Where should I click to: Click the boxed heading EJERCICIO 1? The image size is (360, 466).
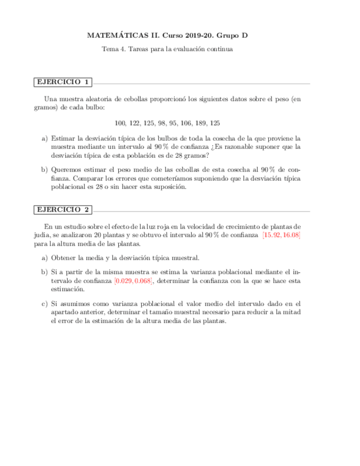[x=63, y=82]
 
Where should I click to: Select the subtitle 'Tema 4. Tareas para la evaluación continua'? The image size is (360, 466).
[x=168, y=49]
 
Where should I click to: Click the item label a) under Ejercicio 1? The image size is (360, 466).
[x=45, y=139]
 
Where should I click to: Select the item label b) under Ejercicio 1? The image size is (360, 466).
[x=45, y=170]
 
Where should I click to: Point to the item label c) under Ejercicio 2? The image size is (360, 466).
[x=45, y=303]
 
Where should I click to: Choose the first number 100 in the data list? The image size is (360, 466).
[x=121, y=123]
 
